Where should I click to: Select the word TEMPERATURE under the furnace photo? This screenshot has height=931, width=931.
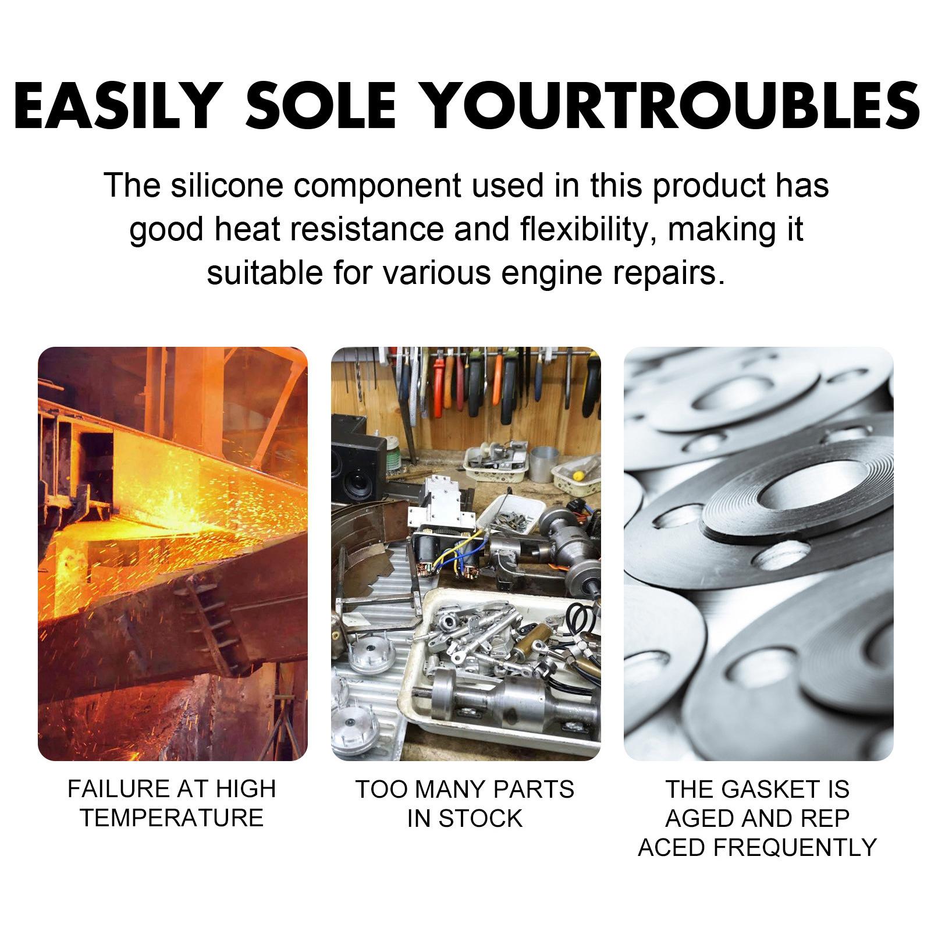click(172, 818)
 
